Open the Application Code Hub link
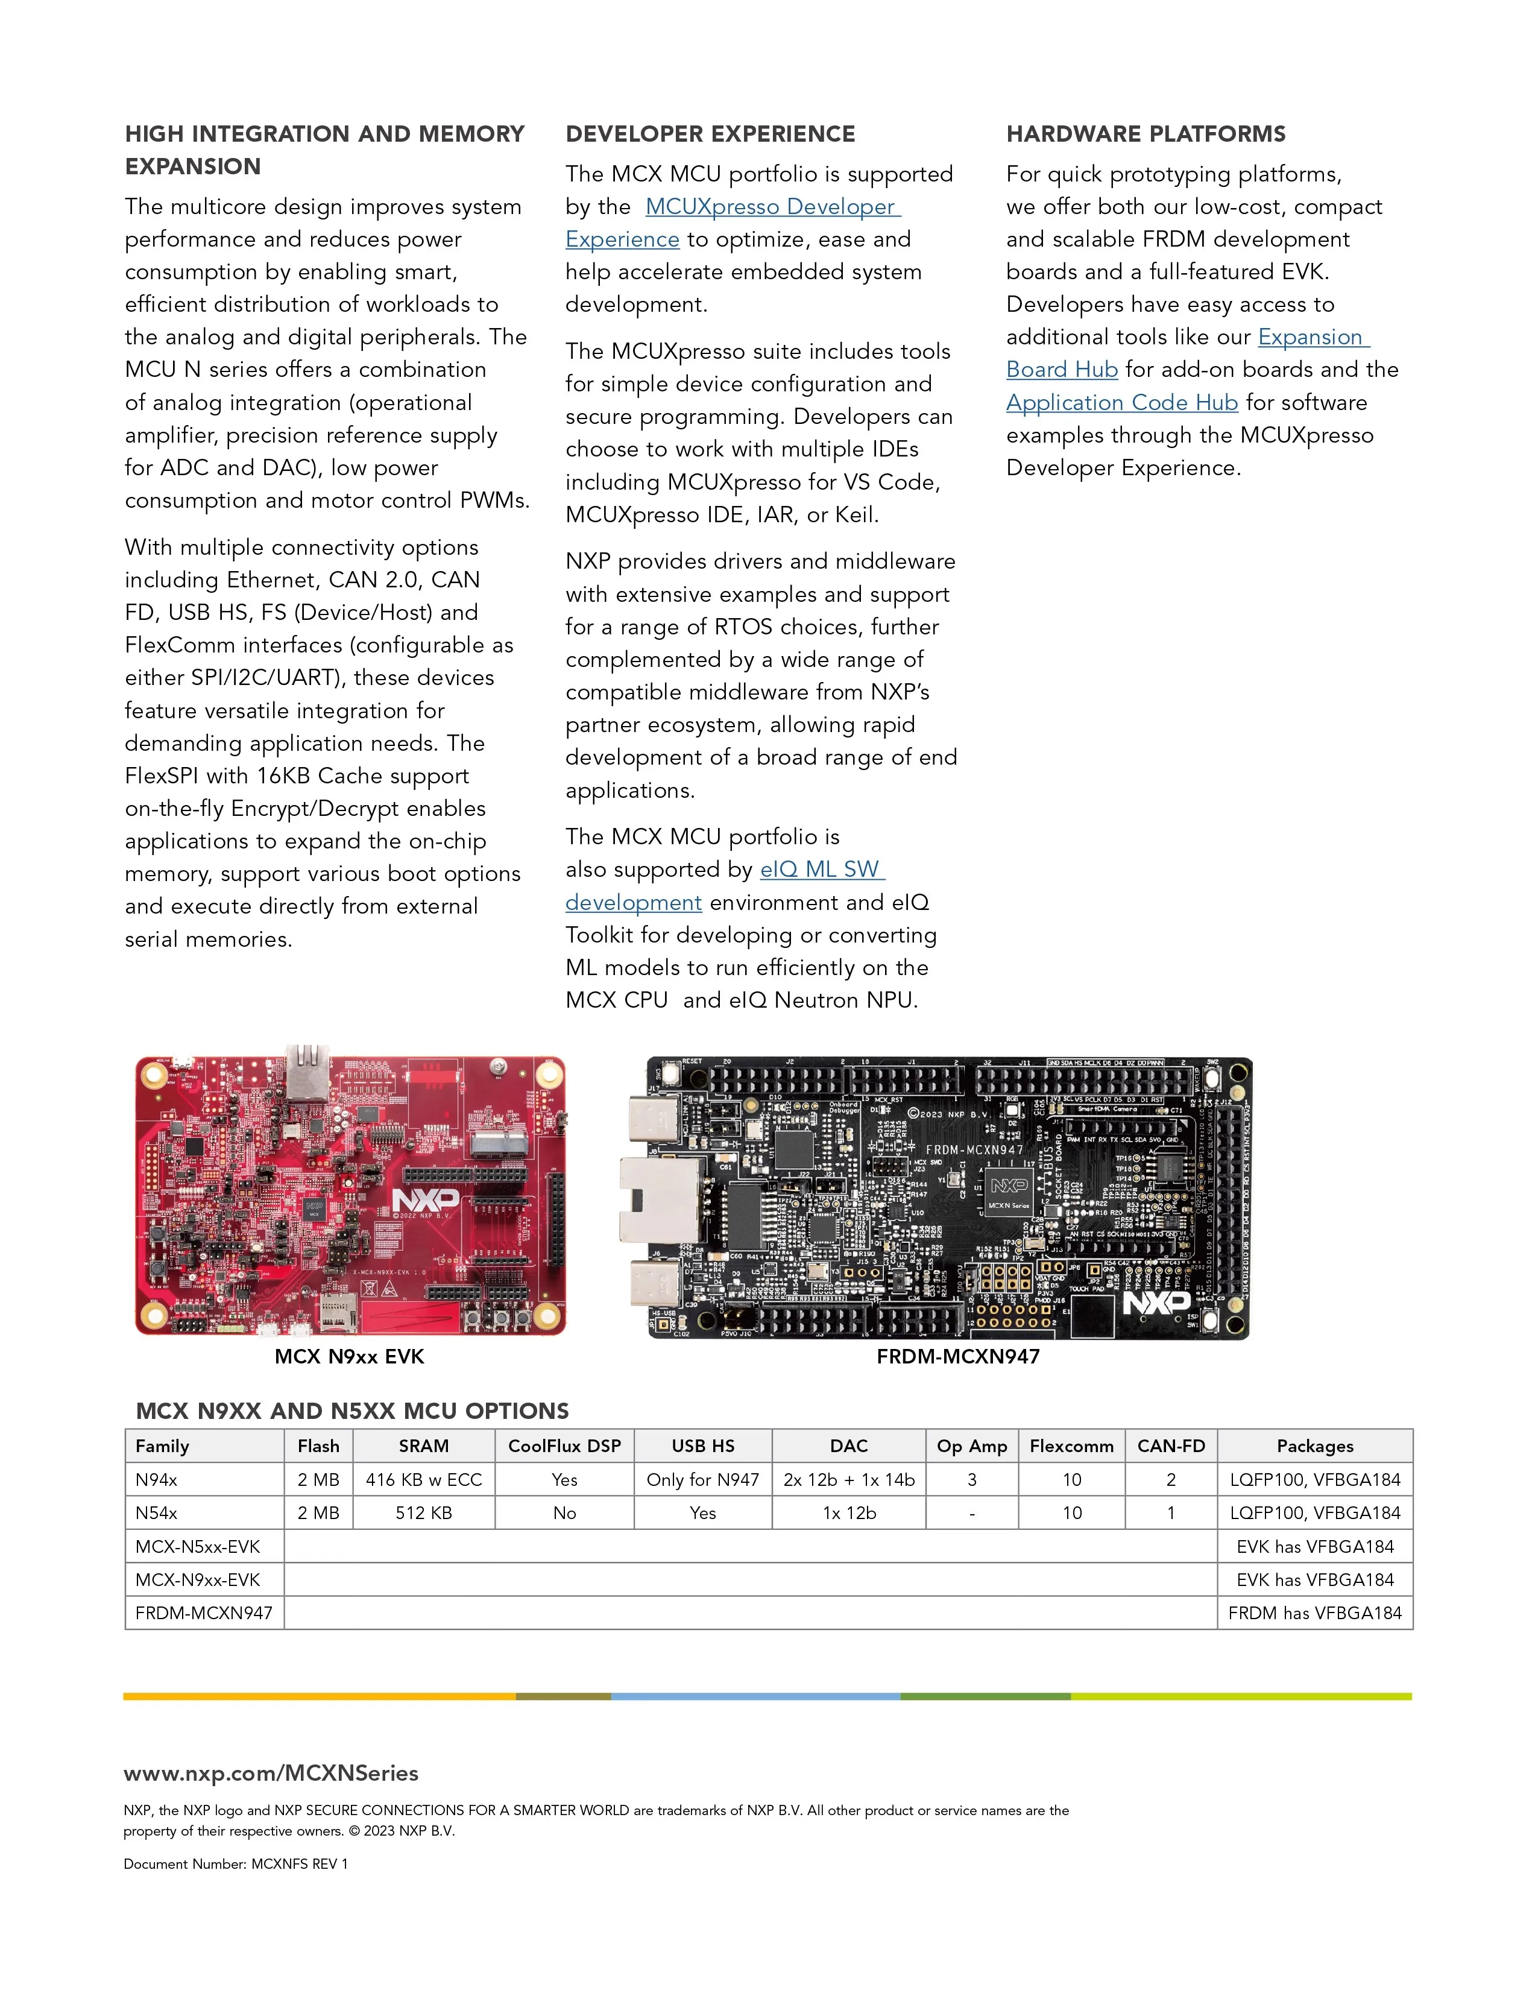(x=1121, y=403)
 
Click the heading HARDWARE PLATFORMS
(x=1146, y=134)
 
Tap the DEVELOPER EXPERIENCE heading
(x=710, y=134)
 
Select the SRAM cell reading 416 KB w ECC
(x=424, y=1480)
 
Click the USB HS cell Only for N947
(x=702, y=1480)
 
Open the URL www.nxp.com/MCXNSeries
(x=271, y=1772)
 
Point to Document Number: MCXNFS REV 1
(x=235, y=1863)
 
